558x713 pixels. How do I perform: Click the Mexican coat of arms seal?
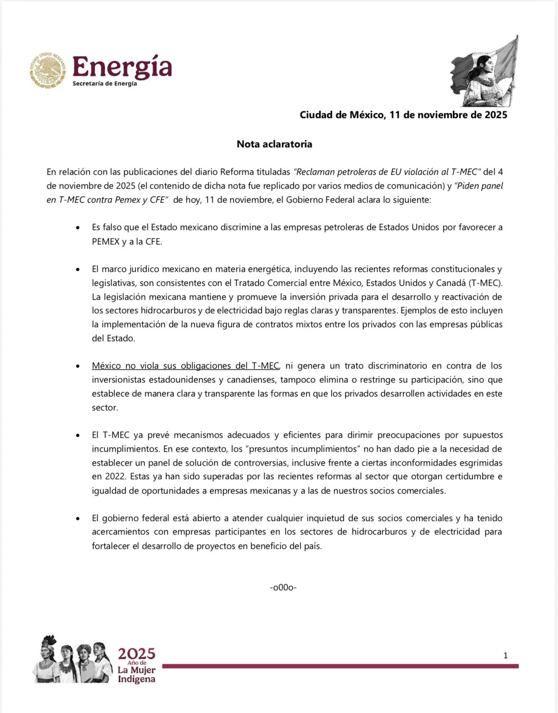[x=48, y=71]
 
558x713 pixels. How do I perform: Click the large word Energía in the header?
[x=122, y=67]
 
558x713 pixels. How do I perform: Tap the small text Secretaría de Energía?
[x=105, y=84]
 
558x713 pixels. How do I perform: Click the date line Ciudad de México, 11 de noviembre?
[x=403, y=115]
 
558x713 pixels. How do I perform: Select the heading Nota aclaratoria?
[x=274, y=144]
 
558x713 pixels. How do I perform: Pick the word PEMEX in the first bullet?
[x=105, y=242]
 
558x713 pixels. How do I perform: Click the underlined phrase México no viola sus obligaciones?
[x=185, y=366]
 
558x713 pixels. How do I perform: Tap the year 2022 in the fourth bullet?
[x=101, y=477]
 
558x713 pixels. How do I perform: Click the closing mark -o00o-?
[x=283, y=588]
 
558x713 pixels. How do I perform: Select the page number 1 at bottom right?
[x=505, y=656]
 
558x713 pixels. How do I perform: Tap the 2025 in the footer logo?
[x=136, y=654]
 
